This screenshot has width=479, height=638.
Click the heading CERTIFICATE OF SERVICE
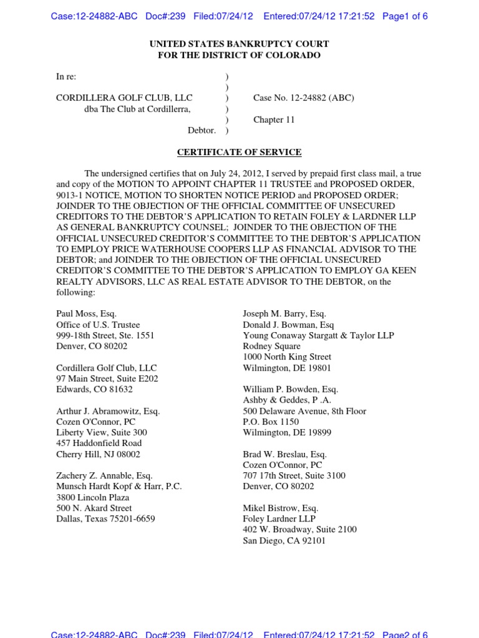pyautogui.click(x=239, y=152)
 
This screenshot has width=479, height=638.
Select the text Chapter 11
pyautogui.click(x=274, y=120)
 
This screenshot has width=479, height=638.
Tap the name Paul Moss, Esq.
pyautogui.click(x=86, y=314)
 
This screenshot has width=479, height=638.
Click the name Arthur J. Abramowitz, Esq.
pyautogui.click(x=108, y=411)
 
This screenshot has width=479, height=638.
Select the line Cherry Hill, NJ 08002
pyautogui.click(x=98, y=454)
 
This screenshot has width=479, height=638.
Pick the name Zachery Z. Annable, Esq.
pyautogui.click(x=106, y=476)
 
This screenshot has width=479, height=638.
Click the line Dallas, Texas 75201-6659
pyautogui.click(x=105, y=518)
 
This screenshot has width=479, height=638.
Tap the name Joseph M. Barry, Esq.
pyautogui.click(x=284, y=314)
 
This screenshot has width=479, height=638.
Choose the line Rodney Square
pyautogui.click(x=271, y=346)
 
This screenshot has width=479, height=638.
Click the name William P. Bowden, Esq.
pyautogui.click(x=290, y=389)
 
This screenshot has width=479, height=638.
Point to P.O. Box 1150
pyautogui.click(x=271, y=422)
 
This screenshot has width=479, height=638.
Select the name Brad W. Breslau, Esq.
pyautogui.click(x=284, y=454)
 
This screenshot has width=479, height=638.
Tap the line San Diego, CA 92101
pyautogui.click(x=284, y=541)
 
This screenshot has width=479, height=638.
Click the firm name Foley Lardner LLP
pyautogui.click(x=279, y=519)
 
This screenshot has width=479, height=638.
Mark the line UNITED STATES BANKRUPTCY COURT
pyautogui.click(x=239, y=44)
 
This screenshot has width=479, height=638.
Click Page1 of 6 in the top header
pyautogui.click(x=405, y=16)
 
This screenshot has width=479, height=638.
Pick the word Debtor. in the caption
pyautogui.click(x=201, y=130)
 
